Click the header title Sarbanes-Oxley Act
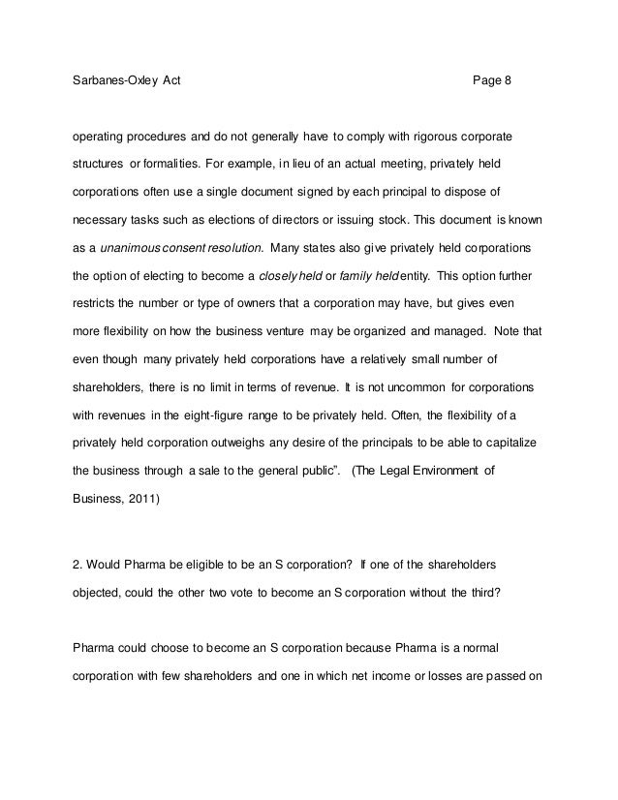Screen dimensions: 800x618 pyautogui.click(x=119, y=79)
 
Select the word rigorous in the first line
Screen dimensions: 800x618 pyautogui.click(x=427, y=130)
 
